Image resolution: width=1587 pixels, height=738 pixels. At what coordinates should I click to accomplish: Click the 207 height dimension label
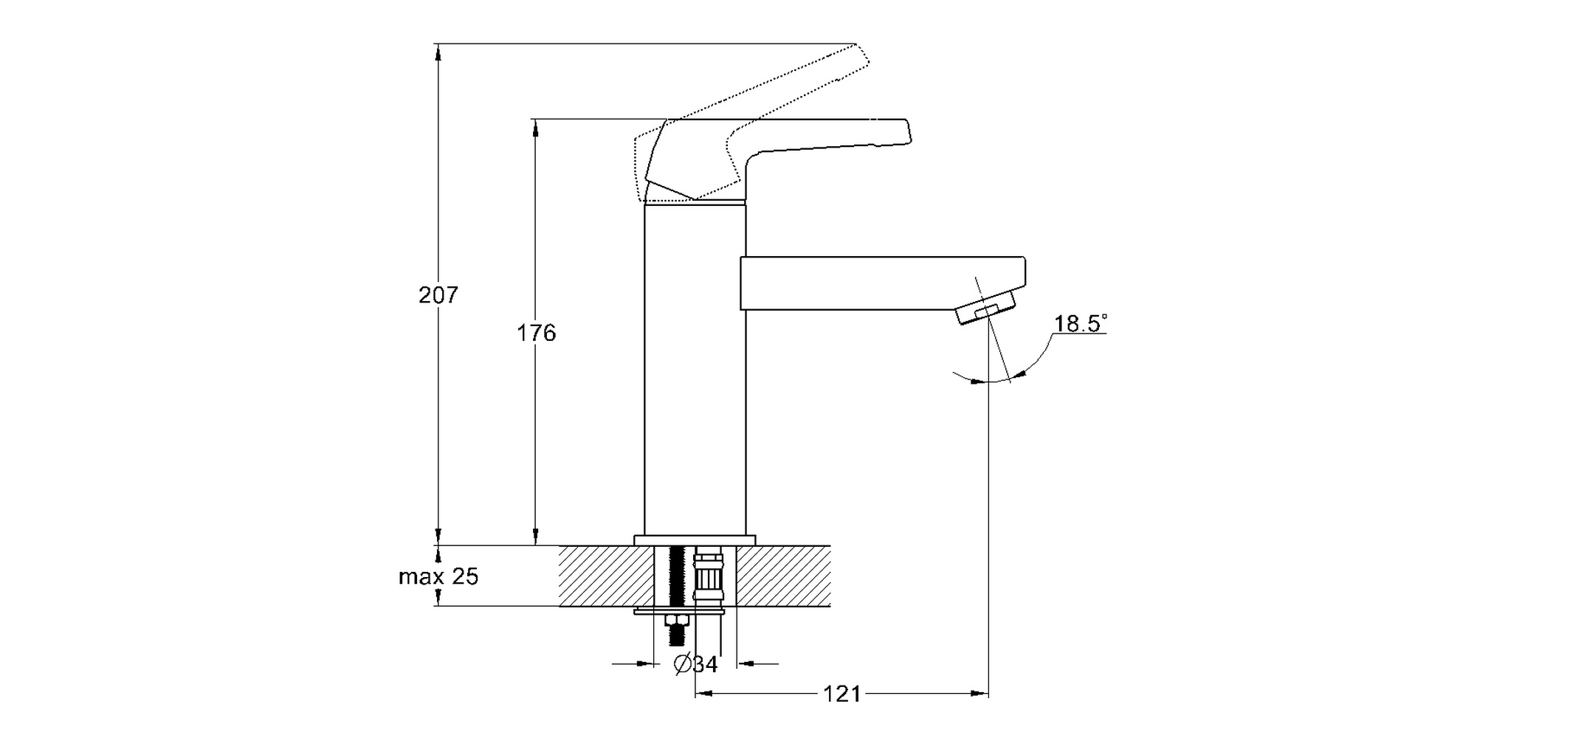pyautogui.click(x=438, y=295)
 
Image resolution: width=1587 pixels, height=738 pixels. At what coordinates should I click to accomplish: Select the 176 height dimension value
pyautogui.click(x=536, y=334)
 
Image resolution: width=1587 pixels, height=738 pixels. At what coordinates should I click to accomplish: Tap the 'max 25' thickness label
pyautogui.click(x=438, y=576)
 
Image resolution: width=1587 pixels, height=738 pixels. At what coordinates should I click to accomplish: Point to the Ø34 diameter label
pyautogui.click(x=695, y=664)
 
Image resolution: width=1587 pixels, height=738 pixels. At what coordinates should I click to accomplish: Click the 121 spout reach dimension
pyautogui.click(x=842, y=694)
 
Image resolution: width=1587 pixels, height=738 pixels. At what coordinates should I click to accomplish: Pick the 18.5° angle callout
pyautogui.click(x=1080, y=324)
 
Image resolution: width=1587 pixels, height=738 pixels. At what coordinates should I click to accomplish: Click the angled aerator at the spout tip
pyautogui.click(x=985, y=308)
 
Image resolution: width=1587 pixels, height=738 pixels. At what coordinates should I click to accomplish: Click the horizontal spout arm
pyautogui.click(x=878, y=283)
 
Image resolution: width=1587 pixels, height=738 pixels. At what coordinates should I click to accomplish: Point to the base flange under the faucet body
pyautogui.click(x=695, y=540)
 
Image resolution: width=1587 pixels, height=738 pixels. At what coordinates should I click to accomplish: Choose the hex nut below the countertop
pyautogui.click(x=675, y=619)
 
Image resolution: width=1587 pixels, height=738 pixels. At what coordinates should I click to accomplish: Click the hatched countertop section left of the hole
pyautogui.click(x=598, y=576)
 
